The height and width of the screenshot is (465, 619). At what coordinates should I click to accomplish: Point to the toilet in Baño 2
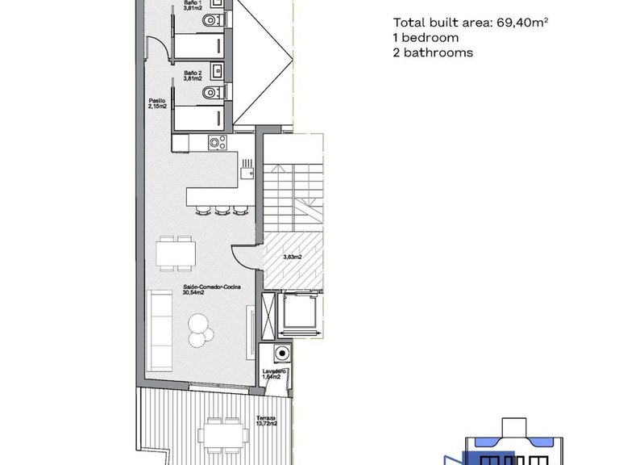coord(212,90)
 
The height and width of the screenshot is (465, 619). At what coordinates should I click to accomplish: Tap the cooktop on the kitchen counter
coord(216,143)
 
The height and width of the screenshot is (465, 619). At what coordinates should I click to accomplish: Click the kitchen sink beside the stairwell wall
coord(246,167)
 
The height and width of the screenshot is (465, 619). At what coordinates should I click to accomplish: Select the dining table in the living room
coord(176,254)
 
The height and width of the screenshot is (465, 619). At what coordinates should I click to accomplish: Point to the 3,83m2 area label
coord(293,258)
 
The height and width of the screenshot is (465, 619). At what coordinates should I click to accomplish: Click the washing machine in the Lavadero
coord(280,353)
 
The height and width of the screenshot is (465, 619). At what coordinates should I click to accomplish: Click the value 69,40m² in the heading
coord(521,23)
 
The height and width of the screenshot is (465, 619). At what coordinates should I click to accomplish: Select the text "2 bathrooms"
coord(433,52)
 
